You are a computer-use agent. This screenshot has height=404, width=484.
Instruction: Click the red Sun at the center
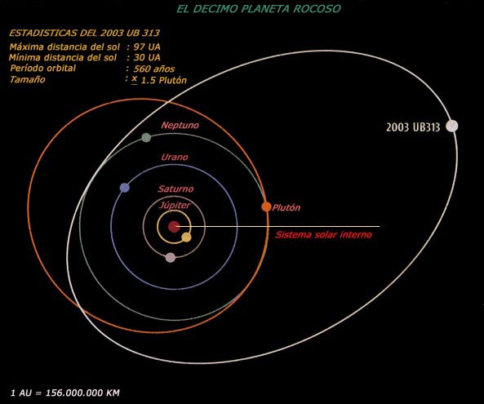coord(174,227)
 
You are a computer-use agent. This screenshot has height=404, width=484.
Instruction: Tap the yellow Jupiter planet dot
coord(186,237)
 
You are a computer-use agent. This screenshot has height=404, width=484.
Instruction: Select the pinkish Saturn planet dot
coord(171,257)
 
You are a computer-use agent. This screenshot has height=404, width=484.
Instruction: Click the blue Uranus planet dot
coord(124,188)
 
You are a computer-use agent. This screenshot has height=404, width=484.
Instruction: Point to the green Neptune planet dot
coord(146,137)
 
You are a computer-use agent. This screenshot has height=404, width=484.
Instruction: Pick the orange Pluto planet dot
coord(266,206)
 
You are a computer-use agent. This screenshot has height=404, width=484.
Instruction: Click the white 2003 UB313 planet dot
coord(452,126)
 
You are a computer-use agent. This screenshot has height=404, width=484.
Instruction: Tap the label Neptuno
coord(180,126)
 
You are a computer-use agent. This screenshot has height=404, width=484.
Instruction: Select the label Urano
coord(175,157)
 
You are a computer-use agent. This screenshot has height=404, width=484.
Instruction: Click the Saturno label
coord(175,189)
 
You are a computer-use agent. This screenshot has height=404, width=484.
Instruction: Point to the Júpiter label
coord(175,205)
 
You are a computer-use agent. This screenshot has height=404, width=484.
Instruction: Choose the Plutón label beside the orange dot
coord(286,207)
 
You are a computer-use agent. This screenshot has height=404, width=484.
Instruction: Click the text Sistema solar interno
coord(323,234)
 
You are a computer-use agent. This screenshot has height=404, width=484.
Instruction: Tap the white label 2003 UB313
coord(413,127)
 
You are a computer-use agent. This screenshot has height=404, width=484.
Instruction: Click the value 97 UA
coord(147,47)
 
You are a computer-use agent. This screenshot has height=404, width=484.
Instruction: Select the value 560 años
coord(154,69)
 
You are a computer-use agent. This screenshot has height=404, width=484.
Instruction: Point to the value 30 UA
coord(147,58)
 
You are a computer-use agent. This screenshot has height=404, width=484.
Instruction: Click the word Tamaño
coord(28,80)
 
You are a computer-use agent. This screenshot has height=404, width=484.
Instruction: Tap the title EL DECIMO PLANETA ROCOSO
coord(259,9)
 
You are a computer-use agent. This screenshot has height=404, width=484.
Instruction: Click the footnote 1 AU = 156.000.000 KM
coord(65,393)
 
